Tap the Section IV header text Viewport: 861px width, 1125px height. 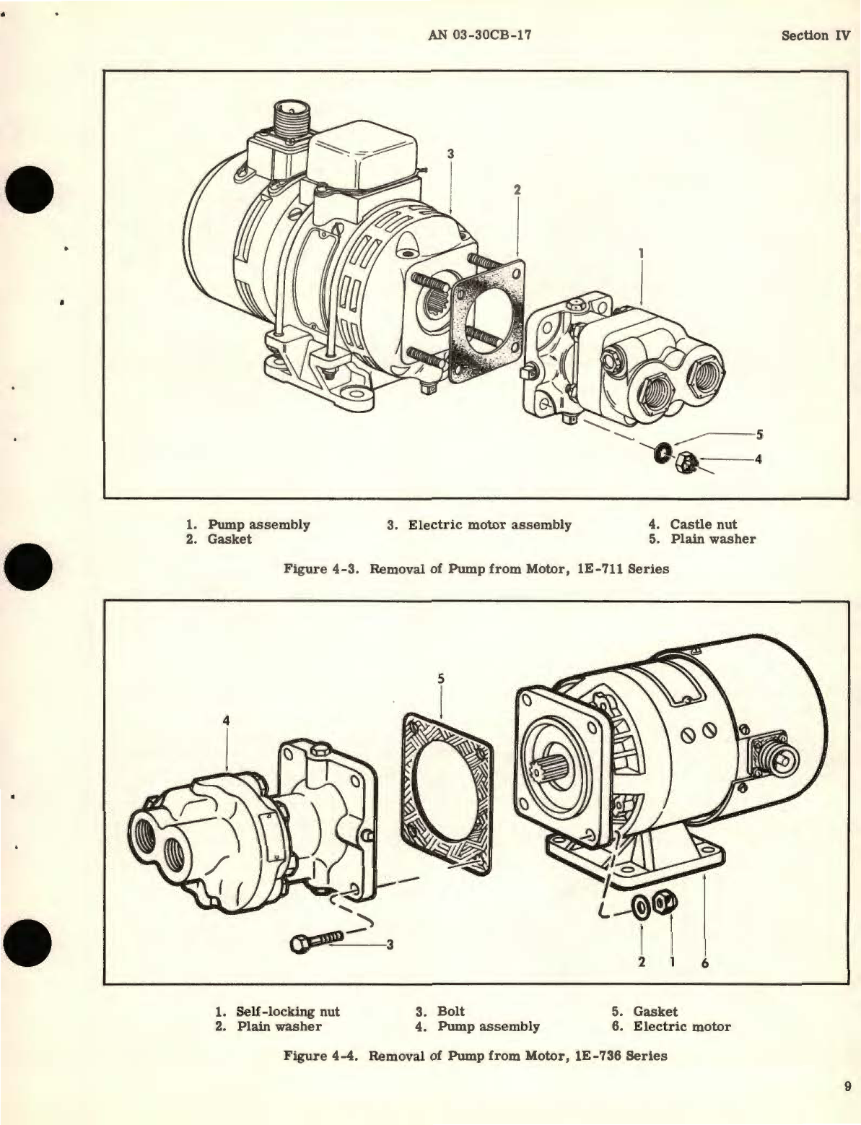click(x=816, y=35)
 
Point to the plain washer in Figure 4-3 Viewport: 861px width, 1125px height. click(x=662, y=455)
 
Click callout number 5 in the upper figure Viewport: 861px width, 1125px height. click(x=759, y=435)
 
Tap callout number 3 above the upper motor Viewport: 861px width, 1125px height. click(x=450, y=153)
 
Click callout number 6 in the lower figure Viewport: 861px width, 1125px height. click(x=704, y=963)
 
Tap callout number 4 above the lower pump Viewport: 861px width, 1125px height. click(x=227, y=720)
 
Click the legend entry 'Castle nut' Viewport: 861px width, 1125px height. click(x=703, y=524)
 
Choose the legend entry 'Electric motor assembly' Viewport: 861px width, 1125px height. click(x=489, y=525)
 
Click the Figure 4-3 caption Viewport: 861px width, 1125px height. click(x=476, y=568)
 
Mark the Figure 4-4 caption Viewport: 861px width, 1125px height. click(x=476, y=1056)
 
